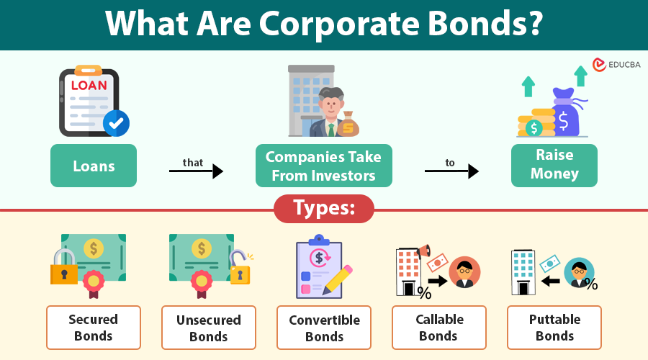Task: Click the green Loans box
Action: [94, 166]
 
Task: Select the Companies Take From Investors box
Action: [323, 166]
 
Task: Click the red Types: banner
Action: [323, 209]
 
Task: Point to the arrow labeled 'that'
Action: [196, 171]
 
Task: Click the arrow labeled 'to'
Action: [451, 171]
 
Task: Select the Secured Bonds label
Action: [94, 327]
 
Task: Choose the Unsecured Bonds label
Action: [208, 327]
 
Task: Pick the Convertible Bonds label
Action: [324, 327]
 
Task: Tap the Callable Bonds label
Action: [439, 327]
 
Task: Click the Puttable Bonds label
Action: [554, 327]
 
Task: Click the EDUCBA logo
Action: [616, 65]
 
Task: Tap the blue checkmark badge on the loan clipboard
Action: [115, 123]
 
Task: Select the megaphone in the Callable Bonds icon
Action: [423, 251]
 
